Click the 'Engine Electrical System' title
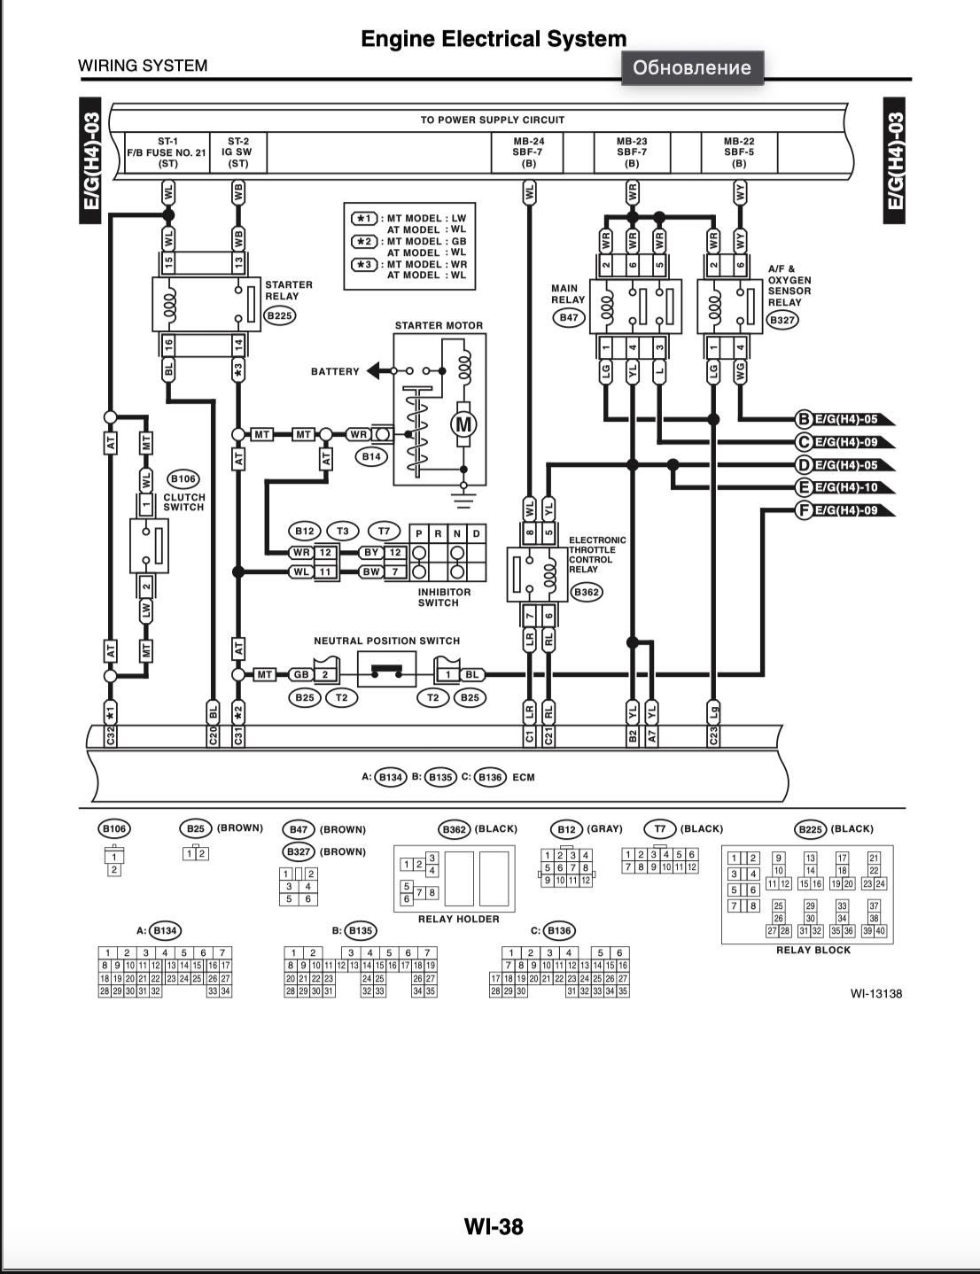click(x=494, y=39)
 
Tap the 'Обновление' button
click(x=692, y=67)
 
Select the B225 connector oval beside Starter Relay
click(x=280, y=315)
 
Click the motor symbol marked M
click(x=463, y=424)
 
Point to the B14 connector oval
click(x=371, y=456)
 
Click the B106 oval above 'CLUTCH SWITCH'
click(x=183, y=479)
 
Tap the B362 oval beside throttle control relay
click(x=586, y=593)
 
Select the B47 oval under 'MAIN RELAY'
click(x=568, y=317)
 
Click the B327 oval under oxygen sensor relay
click(x=782, y=320)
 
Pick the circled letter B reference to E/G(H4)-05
click(x=805, y=419)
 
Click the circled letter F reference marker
click(x=805, y=509)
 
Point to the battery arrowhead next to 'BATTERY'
click(x=374, y=370)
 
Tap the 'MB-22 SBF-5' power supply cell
click(x=739, y=152)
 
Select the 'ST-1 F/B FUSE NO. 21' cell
click(x=167, y=152)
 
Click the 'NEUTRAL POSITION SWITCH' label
click(x=386, y=641)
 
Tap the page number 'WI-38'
click(x=494, y=1226)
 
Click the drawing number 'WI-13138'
click(x=875, y=993)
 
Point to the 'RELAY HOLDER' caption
click(x=458, y=919)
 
